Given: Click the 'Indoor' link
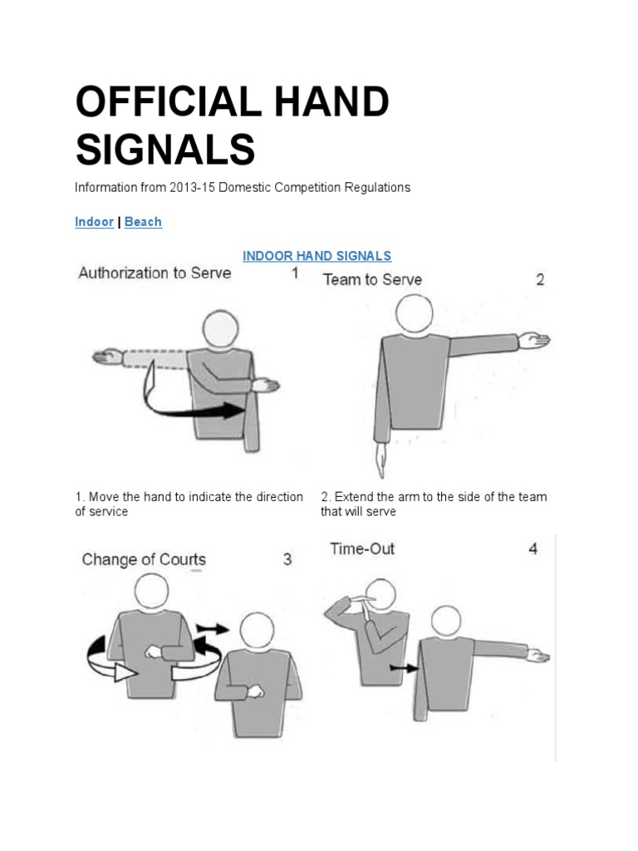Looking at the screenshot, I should coord(94,222).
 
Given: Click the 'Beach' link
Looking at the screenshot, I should coord(143,222).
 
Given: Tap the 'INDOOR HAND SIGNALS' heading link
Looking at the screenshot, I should coord(317,256).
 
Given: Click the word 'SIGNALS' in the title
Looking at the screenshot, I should coord(164,150).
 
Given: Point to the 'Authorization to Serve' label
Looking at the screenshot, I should coord(155,273).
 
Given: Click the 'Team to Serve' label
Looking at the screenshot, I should coord(371,280).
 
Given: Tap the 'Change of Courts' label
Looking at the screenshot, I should coord(144,559).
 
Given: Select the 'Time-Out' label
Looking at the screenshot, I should coord(362,548).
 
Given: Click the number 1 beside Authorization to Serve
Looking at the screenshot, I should coord(295,273).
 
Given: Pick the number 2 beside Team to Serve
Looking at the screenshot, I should coord(540,280).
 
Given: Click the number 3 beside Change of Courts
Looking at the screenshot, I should coord(287,559).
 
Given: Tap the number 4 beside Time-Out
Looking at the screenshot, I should coord(532,548).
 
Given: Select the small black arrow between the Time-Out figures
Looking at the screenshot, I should coord(405,667).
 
